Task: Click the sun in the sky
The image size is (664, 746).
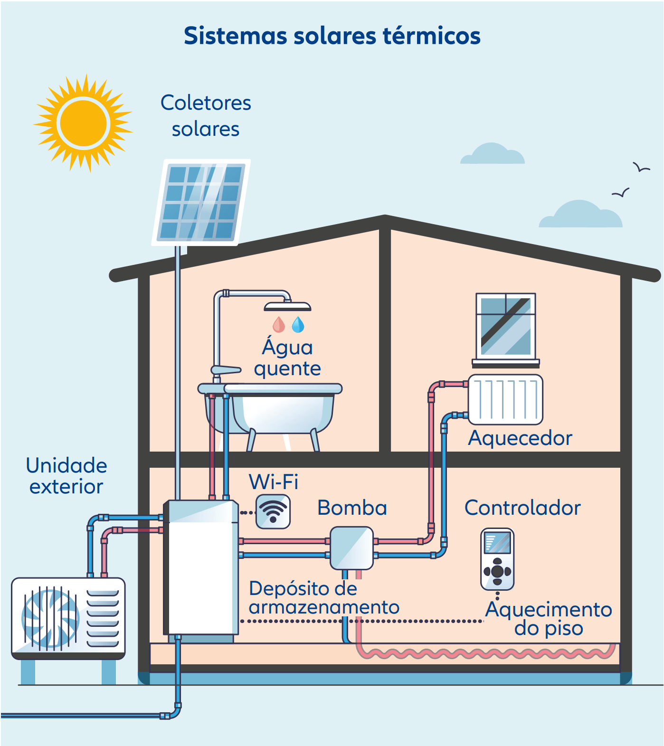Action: coord(83,123)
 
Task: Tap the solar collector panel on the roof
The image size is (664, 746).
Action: coord(201,202)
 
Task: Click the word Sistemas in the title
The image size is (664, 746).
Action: coord(235,36)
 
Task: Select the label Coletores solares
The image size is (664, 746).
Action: coord(206,116)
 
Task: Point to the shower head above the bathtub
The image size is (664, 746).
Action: coord(287,306)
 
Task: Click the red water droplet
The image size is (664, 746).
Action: coord(279,325)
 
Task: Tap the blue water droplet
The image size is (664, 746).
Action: coord(298,325)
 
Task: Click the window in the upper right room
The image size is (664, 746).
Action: coord(506,326)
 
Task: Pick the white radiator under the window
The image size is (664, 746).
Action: coord(505,399)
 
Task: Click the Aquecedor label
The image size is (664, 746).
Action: coord(520,438)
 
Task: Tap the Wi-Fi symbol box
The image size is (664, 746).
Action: coord(273,511)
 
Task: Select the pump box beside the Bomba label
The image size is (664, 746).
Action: coord(351,548)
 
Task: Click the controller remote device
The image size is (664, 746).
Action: coord(497,559)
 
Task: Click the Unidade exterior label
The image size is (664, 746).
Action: coord(66,476)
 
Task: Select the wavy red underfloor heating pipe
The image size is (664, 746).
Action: coord(484,654)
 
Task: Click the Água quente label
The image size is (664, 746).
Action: coord(287,358)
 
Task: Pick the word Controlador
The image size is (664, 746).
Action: coord(522,508)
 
